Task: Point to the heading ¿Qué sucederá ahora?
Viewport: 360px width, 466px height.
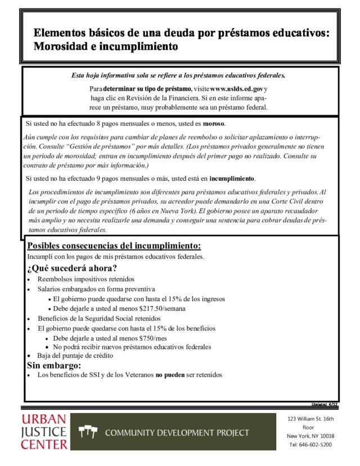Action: (x=72, y=267)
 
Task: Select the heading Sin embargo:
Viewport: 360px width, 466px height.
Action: (x=54, y=365)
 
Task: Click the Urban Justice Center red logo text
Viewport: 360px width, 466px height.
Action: (x=44, y=432)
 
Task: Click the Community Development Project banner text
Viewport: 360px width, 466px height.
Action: (x=177, y=432)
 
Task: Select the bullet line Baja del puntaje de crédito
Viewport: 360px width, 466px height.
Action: (x=75, y=356)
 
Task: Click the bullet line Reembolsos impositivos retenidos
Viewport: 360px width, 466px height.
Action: (x=86, y=279)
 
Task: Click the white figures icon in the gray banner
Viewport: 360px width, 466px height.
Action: (x=89, y=432)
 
